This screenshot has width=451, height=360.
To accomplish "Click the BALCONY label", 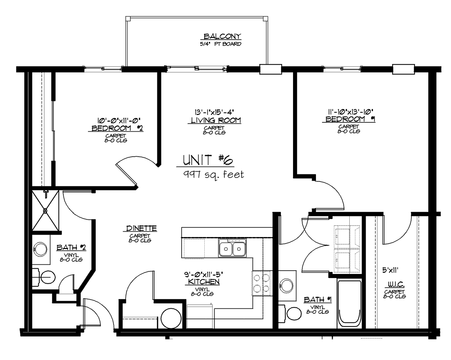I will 222,36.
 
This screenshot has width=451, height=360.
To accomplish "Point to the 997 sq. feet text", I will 213,174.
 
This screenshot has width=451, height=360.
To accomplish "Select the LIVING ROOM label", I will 216,120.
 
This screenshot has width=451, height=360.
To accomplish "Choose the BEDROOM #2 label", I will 117,128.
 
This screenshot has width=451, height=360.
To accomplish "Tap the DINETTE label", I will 141,229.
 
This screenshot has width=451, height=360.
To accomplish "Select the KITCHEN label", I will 202,282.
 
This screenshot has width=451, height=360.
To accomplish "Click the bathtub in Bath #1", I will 349,303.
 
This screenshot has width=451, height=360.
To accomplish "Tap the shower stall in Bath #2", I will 46,210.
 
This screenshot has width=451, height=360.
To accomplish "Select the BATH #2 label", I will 71,248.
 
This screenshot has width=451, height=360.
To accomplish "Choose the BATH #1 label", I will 317,300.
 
